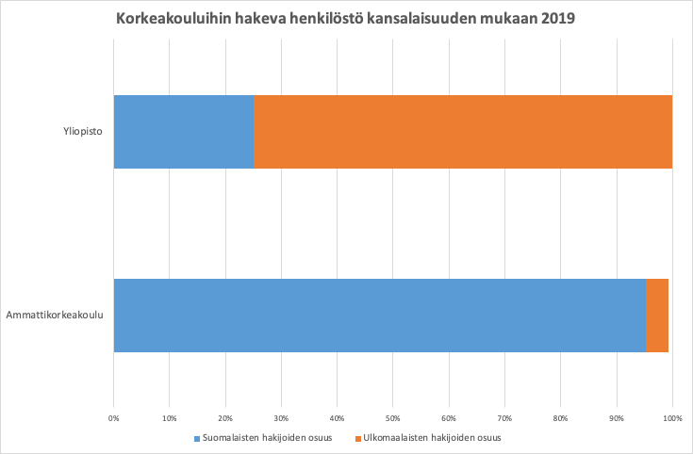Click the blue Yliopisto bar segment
pyautogui.click(x=184, y=132)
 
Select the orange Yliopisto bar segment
pyautogui.click(x=463, y=132)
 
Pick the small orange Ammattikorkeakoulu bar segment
pyautogui.click(x=657, y=315)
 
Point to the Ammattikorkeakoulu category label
pyautogui.click(x=54, y=315)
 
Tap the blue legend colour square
pyautogui.click(x=197, y=438)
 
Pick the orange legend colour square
pyautogui.click(x=357, y=438)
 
